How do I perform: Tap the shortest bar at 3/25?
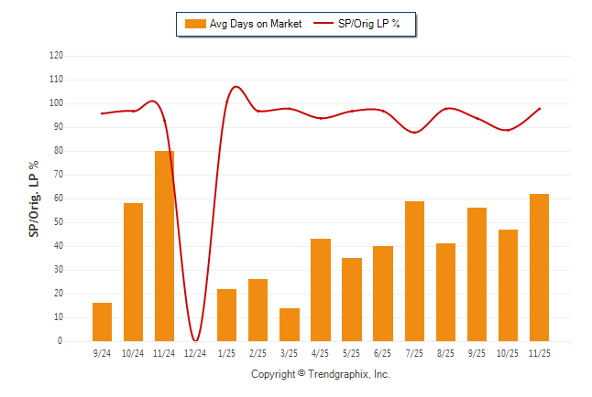click(x=290, y=325)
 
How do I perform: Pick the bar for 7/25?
click(x=414, y=271)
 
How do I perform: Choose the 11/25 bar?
click(x=539, y=267)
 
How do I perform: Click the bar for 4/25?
click(x=321, y=290)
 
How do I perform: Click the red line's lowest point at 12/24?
click(x=196, y=340)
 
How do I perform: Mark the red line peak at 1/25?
click(x=236, y=87)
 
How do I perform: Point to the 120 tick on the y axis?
click(x=56, y=56)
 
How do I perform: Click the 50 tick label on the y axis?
click(x=58, y=222)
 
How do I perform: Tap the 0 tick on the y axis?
click(x=60, y=341)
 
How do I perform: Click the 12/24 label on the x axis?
click(x=195, y=352)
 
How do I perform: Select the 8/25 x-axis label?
click(x=445, y=352)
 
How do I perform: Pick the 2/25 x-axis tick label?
click(x=258, y=352)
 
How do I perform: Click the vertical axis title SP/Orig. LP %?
click(x=34, y=198)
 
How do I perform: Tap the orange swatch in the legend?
click(x=194, y=24)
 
